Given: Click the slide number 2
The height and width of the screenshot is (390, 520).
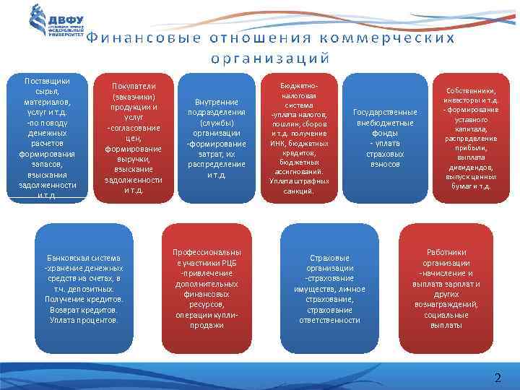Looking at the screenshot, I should pyautogui.click(x=497, y=378).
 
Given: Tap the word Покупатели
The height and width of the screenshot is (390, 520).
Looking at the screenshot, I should pyautogui.click(x=133, y=84).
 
